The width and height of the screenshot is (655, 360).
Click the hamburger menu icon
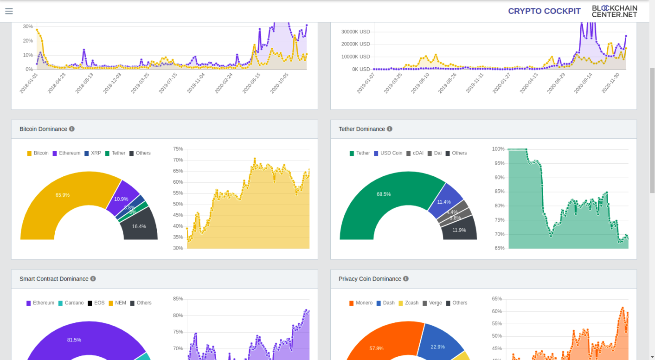point(9,11)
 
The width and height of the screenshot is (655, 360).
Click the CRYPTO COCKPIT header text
point(544,11)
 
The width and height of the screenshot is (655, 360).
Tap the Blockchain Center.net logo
point(614,11)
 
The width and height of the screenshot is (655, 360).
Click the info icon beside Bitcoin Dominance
point(72,129)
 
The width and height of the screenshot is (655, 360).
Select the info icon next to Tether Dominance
point(390,129)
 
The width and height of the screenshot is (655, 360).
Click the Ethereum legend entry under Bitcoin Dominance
point(66,153)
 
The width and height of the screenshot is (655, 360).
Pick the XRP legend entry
point(93,153)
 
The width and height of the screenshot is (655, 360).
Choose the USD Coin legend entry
point(388,153)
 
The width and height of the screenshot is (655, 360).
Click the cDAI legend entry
point(415,153)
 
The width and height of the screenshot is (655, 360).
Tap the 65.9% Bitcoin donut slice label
point(63,195)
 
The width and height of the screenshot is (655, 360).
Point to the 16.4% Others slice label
point(139,226)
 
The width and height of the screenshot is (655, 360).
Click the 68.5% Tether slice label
point(384,194)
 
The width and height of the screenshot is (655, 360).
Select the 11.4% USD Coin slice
point(444,202)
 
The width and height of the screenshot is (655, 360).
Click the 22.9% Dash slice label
point(437,347)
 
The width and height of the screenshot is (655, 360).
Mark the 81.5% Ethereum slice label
point(74,340)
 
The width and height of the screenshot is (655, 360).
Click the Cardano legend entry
point(71,303)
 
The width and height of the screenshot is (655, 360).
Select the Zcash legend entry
point(409,303)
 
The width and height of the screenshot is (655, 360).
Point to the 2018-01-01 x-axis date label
point(29,83)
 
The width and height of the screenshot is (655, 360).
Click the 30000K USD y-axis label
point(355,32)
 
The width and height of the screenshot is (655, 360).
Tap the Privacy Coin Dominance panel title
point(370,279)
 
